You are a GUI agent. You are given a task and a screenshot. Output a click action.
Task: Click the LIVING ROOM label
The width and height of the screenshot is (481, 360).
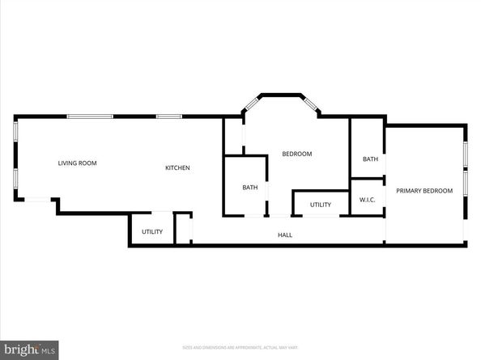77,163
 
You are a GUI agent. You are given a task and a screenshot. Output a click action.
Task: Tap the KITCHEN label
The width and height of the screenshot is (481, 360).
177,168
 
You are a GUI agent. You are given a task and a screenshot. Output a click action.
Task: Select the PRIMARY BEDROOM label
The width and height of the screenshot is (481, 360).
424,191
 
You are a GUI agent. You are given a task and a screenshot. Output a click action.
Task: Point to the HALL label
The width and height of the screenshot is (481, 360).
285,235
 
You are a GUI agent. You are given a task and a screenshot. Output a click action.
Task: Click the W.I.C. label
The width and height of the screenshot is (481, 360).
367,199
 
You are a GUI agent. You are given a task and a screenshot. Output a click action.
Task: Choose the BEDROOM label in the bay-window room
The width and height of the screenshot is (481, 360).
296,154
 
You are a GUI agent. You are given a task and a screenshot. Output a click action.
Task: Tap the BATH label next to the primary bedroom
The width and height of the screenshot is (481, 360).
370,159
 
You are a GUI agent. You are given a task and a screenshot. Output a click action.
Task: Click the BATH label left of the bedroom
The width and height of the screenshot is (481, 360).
250,188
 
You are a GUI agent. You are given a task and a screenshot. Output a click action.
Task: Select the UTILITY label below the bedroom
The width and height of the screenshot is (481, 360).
320,205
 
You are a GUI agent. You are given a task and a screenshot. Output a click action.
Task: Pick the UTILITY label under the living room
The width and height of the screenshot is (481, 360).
152,232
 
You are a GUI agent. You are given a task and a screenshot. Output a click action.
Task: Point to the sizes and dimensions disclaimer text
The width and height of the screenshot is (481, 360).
240,347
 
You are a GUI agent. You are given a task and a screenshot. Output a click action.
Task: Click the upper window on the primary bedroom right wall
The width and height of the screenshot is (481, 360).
465,155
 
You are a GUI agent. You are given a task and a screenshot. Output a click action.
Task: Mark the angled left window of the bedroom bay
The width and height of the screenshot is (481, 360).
251,104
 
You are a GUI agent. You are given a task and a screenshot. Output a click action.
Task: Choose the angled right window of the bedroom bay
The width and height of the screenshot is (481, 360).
309,104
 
